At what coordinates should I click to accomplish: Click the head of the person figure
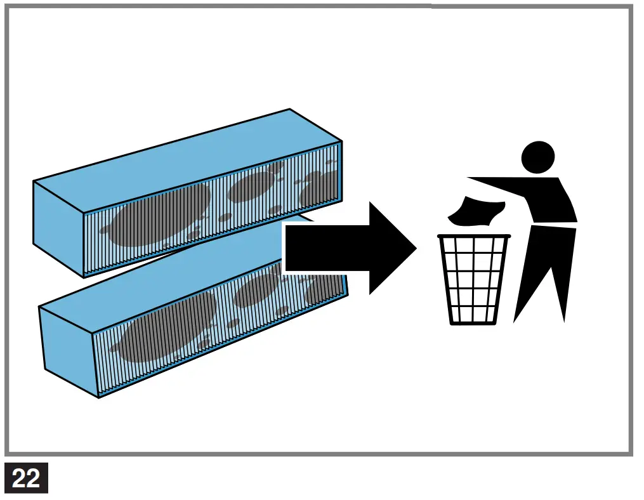click(x=537, y=156)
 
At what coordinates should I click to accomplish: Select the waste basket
click(x=473, y=279)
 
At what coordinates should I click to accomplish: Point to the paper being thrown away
click(x=476, y=211)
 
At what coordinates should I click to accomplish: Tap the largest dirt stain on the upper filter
click(x=159, y=216)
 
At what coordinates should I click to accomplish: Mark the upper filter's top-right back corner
click(x=290, y=109)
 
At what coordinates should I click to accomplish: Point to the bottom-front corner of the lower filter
click(x=99, y=397)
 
